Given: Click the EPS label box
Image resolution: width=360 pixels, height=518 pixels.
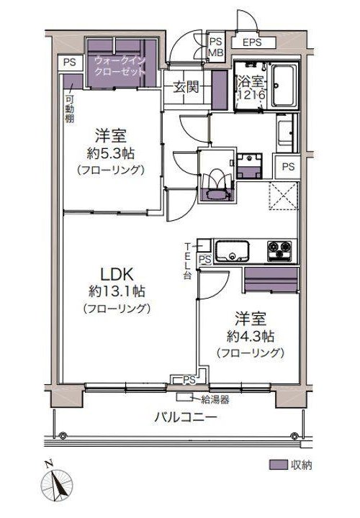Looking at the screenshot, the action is pyautogui.click(x=253, y=42).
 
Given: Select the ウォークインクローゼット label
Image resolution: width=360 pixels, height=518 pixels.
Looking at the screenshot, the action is pyautogui.click(x=120, y=65).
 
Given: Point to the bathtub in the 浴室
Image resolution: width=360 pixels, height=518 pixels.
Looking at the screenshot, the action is pyautogui.click(x=284, y=86).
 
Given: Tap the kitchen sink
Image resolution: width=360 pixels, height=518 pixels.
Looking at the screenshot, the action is pyautogui.click(x=232, y=251).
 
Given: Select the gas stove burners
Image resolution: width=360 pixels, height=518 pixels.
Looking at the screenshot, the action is pyautogui.click(x=280, y=251).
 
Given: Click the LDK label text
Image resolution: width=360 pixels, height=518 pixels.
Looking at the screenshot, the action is pyautogui.click(x=117, y=274).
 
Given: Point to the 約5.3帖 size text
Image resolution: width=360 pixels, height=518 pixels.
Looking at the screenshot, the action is pyautogui.click(x=111, y=153).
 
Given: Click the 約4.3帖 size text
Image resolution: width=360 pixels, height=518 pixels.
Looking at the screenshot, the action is pyautogui.click(x=251, y=336).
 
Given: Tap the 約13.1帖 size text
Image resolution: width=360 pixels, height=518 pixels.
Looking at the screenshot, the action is pyautogui.click(x=117, y=291).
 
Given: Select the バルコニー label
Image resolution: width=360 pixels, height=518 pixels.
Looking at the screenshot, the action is pyautogui.click(x=186, y=417).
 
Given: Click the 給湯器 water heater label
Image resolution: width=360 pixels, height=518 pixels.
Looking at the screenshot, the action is pyautogui.click(x=215, y=400).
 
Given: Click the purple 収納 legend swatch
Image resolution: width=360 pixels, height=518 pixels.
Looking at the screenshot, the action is pyautogui.click(x=278, y=465).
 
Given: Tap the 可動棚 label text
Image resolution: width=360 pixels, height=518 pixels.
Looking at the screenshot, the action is pyautogui.click(x=69, y=109).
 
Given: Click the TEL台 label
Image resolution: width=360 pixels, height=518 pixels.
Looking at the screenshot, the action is pyautogui.click(x=187, y=261).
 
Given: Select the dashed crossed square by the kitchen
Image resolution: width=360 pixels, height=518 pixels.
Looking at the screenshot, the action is pyautogui.click(x=283, y=196).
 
